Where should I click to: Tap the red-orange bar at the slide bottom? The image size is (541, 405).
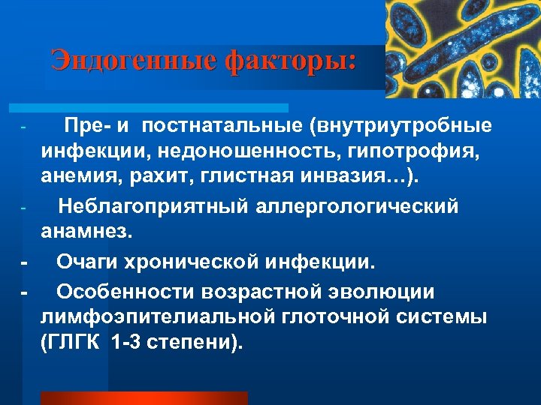click(x=144, y=398)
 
